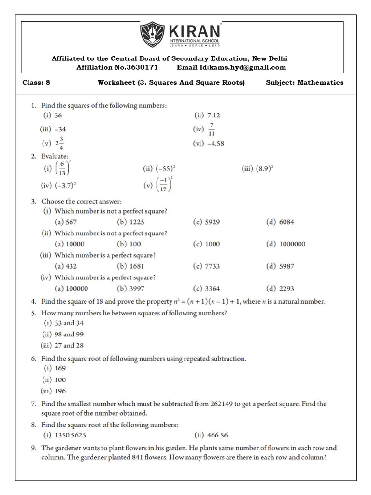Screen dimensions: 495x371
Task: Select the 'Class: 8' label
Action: [37, 82]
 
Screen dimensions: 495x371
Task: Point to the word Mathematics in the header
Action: [320, 82]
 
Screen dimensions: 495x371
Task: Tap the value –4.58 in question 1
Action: [216, 143]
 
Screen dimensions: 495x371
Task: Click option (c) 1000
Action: [213, 244]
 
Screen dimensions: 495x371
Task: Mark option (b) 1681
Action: [136, 266]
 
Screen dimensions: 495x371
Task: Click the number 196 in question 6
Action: [61, 391]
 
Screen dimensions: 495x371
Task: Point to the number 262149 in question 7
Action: [226, 403]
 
